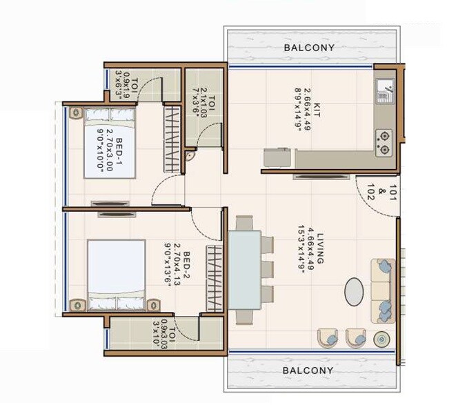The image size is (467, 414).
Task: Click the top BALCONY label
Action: tap(309, 48)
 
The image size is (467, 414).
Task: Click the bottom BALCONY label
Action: tap(309, 371)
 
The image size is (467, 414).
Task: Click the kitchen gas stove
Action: tap(383, 141)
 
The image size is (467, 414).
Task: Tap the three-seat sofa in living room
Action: tap(383, 289)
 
